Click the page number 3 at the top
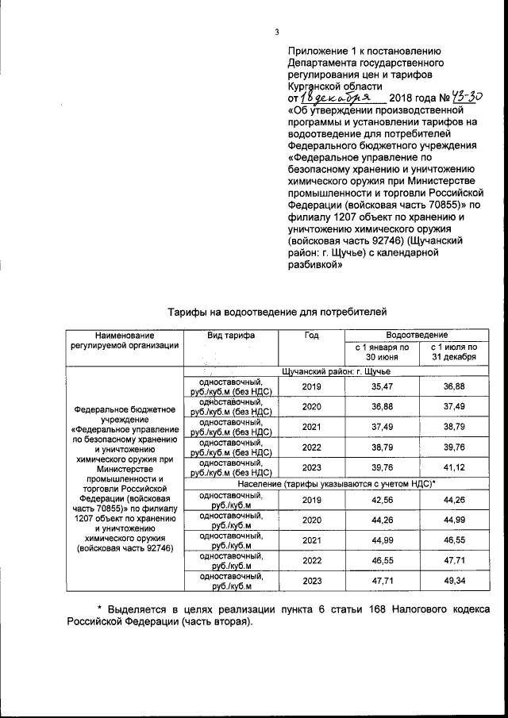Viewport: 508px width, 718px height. (x=277, y=33)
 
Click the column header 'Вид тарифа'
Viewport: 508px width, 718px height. (x=230, y=336)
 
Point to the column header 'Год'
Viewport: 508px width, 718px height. (x=311, y=336)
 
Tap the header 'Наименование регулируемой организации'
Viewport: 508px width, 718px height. (x=125, y=342)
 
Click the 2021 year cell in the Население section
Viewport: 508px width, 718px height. (x=311, y=543)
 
